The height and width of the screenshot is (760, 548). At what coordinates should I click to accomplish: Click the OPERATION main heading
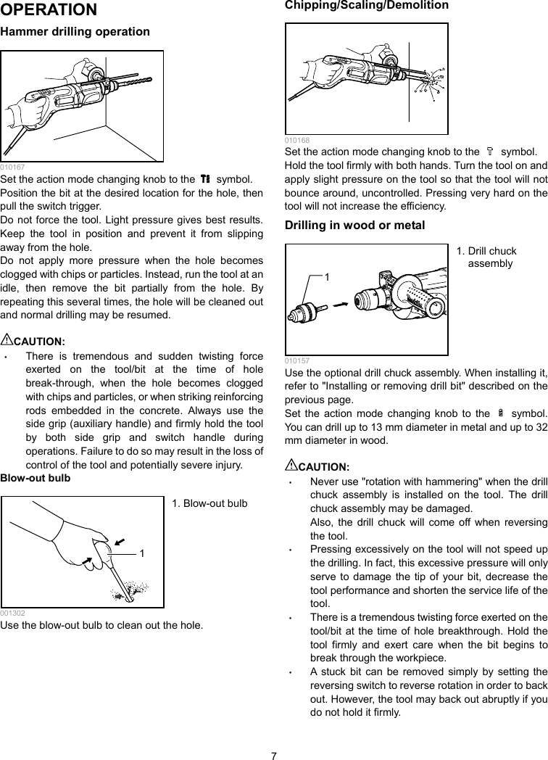[49, 10]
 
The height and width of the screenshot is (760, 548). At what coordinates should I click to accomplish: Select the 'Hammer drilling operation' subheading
[75, 32]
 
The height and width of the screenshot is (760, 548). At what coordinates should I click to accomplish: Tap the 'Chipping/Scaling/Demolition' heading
[366, 5]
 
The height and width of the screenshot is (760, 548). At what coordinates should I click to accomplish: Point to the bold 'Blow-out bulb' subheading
[36, 478]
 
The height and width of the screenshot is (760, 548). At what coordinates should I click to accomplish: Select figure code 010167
[12, 167]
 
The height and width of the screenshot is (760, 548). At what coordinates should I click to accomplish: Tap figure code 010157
[296, 360]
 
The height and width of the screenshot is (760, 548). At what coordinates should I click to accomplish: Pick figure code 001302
[12, 613]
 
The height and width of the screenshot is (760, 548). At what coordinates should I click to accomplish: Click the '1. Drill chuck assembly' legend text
[486, 257]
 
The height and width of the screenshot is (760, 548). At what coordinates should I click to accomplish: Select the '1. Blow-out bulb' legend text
[209, 503]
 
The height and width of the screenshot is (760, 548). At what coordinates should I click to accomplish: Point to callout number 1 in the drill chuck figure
[327, 277]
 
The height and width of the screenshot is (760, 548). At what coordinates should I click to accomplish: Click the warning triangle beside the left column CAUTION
[7, 339]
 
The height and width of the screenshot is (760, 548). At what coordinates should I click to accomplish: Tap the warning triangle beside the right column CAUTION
[291, 465]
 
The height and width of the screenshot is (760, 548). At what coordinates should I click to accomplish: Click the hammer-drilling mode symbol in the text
[205, 179]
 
